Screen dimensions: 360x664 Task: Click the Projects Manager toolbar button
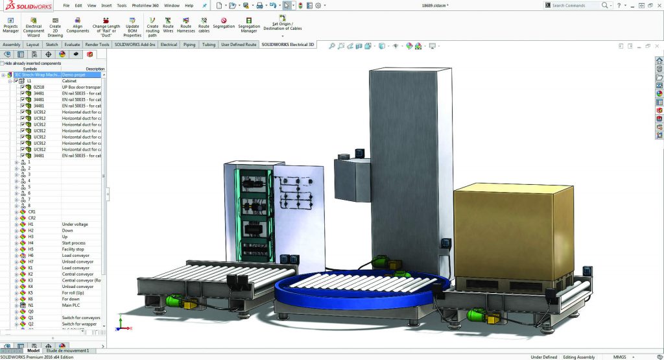[10, 25]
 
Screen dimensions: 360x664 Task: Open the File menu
[66, 5]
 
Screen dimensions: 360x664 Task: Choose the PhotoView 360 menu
[145, 5]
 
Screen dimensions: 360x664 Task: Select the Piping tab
[189, 45]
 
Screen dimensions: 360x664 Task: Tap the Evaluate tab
[72, 45]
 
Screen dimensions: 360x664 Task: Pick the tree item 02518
[39, 87]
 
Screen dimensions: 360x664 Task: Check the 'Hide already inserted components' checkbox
[3, 64]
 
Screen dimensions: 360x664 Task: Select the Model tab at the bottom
[33, 351]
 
